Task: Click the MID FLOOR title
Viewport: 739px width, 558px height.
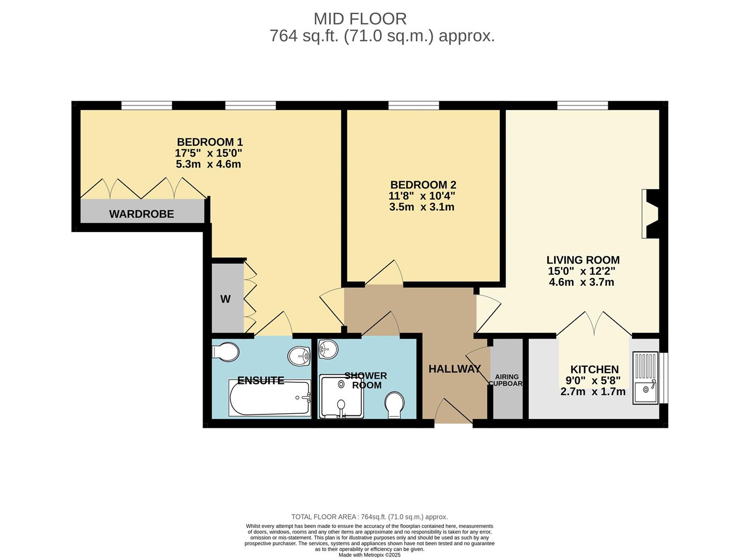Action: (360, 19)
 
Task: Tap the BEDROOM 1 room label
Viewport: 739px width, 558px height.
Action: (209, 142)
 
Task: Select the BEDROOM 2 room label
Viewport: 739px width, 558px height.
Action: (423, 185)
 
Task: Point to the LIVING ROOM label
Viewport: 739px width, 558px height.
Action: (583, 260)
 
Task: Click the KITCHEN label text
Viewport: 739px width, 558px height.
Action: (594, 369)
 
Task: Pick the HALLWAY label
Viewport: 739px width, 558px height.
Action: (454, 369)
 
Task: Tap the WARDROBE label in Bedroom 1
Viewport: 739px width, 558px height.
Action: (141, 214)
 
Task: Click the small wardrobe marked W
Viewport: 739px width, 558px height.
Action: (226, 299)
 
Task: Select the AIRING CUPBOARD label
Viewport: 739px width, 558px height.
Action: (506, 380)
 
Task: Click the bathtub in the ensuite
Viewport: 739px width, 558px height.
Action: (270, 398)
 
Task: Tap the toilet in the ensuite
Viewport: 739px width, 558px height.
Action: (226, 352)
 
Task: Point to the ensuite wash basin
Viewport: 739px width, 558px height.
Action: (299, 355)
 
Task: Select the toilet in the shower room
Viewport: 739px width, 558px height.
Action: (395, 405)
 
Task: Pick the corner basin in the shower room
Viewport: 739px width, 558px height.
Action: (327, 349)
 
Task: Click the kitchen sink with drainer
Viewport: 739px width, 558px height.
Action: (645, 378)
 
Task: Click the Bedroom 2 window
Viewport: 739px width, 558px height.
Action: (413, 105)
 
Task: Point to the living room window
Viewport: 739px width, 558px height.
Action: (582, 105)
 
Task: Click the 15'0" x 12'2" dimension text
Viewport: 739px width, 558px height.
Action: (581, 271)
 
